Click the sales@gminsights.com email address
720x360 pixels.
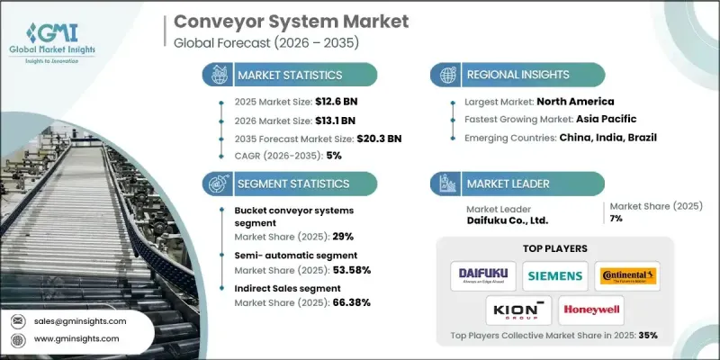pos(81,320)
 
